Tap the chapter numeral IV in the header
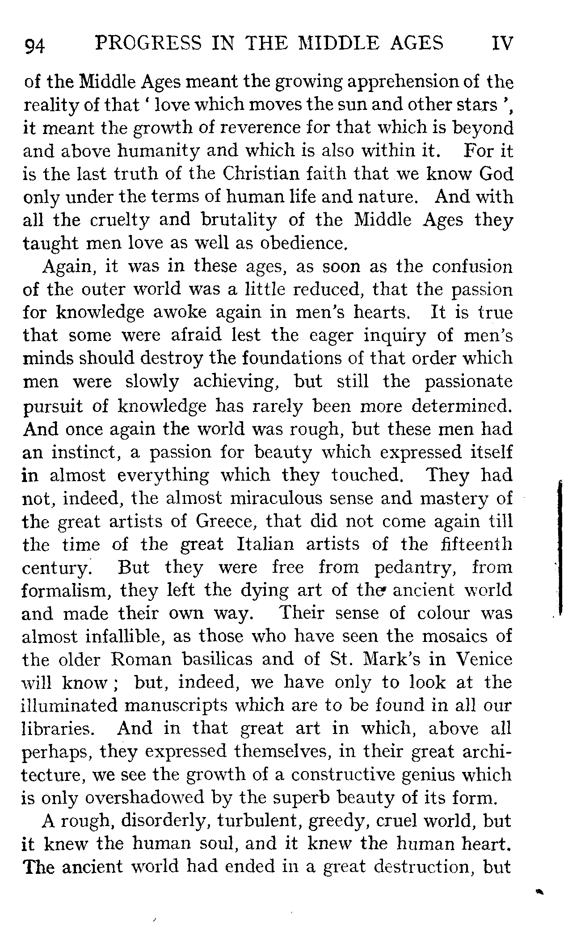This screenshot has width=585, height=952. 502,44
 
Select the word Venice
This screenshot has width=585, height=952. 484,659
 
